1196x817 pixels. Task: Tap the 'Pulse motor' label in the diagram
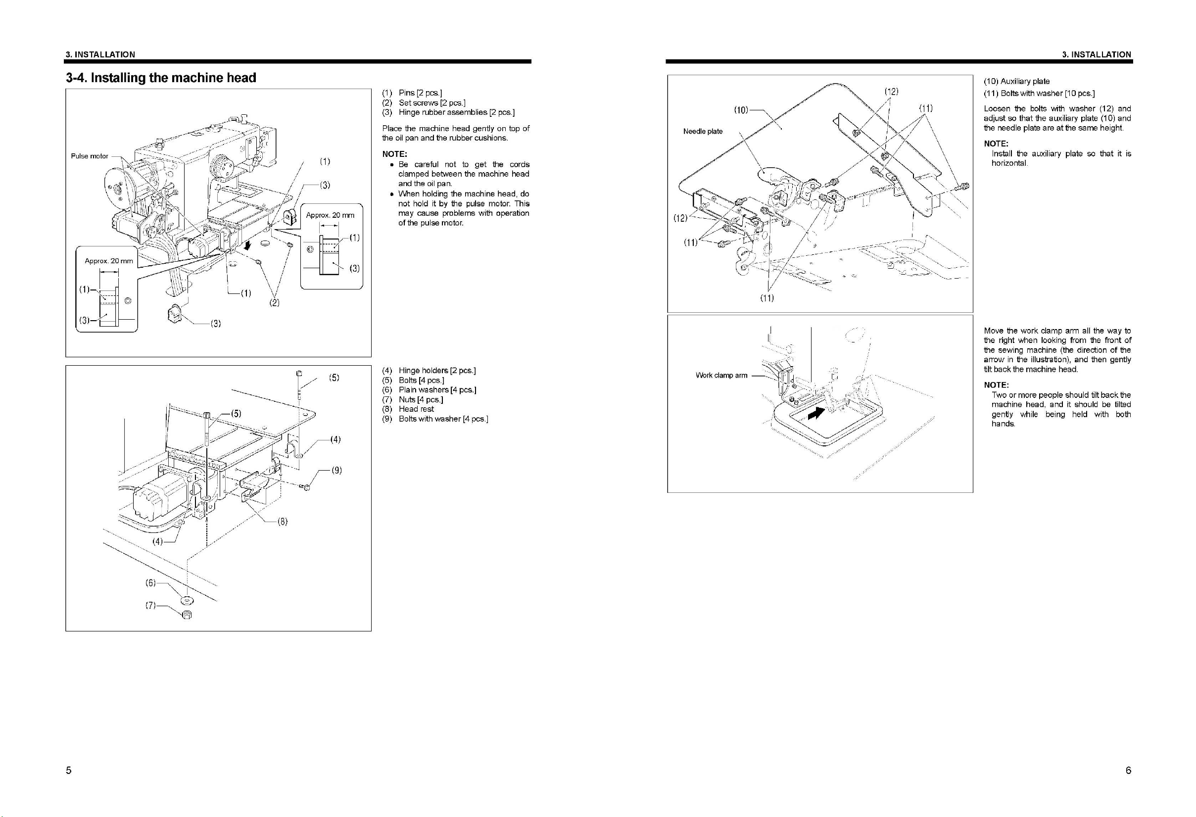click(90, 156)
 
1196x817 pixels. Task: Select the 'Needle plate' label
click(703, 131)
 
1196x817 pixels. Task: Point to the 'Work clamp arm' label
click(721, 375)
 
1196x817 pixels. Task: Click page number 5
click(68, 770)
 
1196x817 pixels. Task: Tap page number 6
click(1128, 770)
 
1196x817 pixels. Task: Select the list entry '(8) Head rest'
click(408, 409)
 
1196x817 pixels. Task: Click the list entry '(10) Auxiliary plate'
click(1016, 81)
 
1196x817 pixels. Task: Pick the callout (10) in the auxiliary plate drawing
click(741, 110)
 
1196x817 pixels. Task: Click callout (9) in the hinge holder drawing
click(336, 470)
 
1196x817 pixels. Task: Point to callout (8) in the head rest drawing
click(282, 522)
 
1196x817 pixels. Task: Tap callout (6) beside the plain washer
click(150, 583)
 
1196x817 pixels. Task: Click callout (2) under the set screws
click(274, 303)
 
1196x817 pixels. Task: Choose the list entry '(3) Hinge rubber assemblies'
click(448, 112)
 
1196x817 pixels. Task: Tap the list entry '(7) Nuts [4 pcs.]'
click(412, 399)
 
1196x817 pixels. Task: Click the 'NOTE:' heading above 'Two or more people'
click(996, 384)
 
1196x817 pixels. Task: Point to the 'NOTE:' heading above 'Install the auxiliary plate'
click(996, 144)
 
